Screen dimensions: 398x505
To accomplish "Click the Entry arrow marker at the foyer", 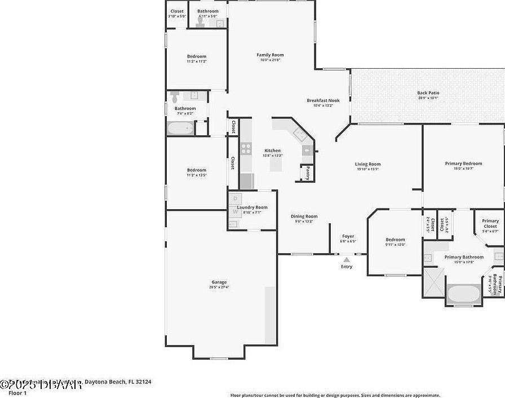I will coord(347,260).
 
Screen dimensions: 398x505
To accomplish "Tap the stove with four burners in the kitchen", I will coord(246,149).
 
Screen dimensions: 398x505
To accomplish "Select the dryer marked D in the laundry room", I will coord(236,198).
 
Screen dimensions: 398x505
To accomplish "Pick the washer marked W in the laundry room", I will coord(236,211).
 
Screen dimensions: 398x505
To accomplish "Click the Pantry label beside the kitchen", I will coord(308,172).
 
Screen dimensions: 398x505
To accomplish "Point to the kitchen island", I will coord(276,166).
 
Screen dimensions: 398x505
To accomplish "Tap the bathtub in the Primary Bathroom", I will coord(464,293).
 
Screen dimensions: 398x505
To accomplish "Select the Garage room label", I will coord(219,282).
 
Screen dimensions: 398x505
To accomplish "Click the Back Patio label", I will coord(428,93).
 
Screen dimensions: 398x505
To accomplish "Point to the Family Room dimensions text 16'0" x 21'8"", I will coord(270,60).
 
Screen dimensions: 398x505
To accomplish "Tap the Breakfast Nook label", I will coord(323,100).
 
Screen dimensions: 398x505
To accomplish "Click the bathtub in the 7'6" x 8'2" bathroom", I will coord(180,128).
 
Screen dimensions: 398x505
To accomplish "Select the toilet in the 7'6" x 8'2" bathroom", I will coord(174,95).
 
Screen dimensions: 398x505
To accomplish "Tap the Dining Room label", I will coord(304,216).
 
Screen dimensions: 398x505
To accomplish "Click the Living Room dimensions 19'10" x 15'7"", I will coord(367,169).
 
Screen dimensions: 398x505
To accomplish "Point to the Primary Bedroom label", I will coord(463,163).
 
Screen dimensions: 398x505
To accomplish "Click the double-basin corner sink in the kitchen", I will coord(299,135).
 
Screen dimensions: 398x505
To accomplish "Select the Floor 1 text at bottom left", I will coord(10,392).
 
